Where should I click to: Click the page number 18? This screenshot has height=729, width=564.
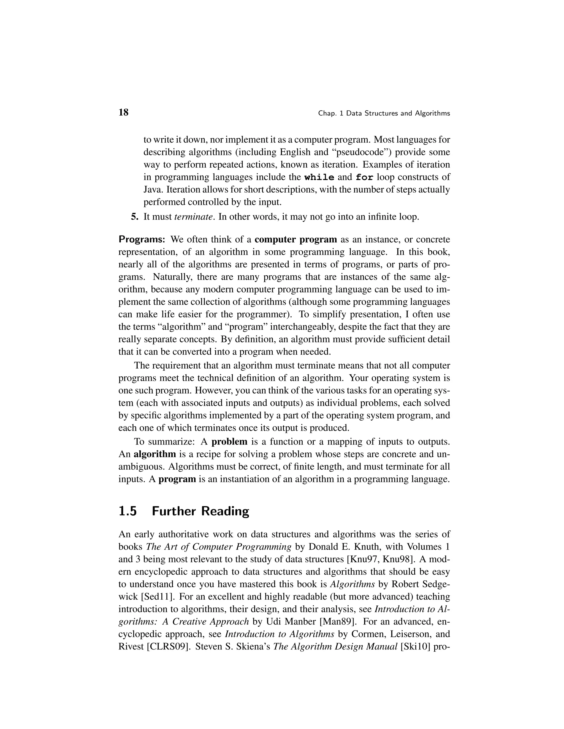click(123, 113)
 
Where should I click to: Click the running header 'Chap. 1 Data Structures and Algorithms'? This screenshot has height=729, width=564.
click(384, 114)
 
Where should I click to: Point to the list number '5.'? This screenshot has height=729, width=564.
click(135, 217)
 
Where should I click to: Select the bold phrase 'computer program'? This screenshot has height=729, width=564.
click(296, 240)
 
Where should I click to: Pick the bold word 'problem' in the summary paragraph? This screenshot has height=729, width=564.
click(230, 442)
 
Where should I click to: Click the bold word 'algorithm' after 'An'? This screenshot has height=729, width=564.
click(155, 454)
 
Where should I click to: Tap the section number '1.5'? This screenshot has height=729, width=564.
click(128, 511)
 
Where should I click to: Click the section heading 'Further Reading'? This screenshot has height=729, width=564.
click(200, 511)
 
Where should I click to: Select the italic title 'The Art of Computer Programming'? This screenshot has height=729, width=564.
click(219, 547)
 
